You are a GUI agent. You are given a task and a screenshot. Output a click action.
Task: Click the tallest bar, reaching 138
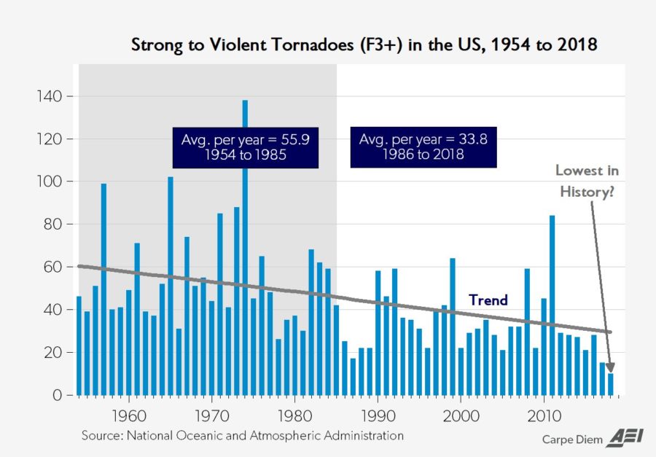[245, 248]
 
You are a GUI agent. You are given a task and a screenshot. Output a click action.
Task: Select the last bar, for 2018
[611, 384]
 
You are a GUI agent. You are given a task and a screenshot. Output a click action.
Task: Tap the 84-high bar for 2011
[552, 305]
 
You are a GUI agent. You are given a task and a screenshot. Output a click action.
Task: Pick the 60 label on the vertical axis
[56, 267]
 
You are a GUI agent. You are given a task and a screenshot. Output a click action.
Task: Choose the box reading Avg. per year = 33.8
[423, 148]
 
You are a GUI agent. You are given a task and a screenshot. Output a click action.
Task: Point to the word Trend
[488, 300]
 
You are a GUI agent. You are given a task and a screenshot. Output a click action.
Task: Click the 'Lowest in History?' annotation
[587, 181]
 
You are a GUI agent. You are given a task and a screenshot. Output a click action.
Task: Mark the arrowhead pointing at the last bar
[610, 368]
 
